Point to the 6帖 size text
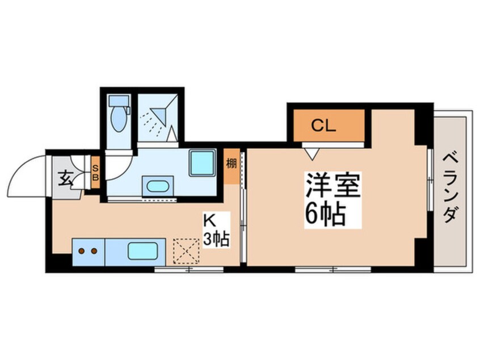(x=326, y=214)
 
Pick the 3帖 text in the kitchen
(x=216, y=239)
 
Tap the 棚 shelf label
(x=231, y=164)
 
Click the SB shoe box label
(x=95, y=171)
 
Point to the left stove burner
(x=81, y=250)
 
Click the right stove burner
(x=92, y=250)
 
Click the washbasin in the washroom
(x=156, y=186)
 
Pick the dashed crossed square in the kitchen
(x=186, y=250)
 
